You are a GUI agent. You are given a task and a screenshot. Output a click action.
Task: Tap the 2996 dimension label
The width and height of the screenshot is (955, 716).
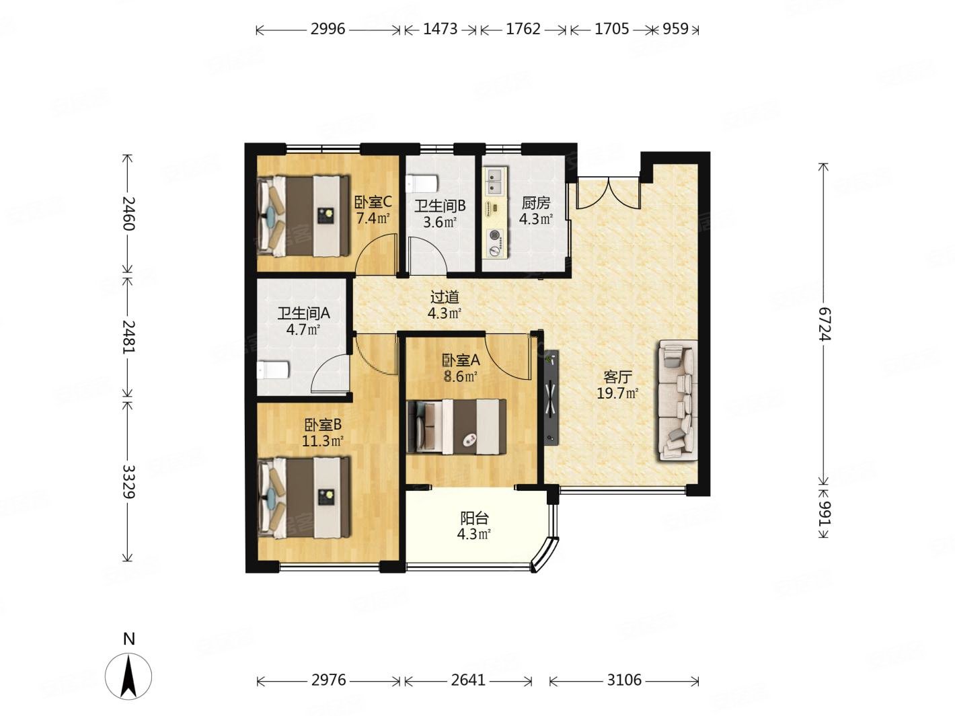click(x=327, y=29)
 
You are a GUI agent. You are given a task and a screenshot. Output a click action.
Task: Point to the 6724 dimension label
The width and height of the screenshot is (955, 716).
click(x=823, y=324)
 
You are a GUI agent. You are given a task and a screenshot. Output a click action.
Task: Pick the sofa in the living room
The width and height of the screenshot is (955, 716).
click(x=678, y=400)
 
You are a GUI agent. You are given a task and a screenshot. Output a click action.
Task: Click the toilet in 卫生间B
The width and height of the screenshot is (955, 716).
click(x=421, y=184)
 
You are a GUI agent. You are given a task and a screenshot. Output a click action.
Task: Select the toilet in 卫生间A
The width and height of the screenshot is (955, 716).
click(x=273, y=370)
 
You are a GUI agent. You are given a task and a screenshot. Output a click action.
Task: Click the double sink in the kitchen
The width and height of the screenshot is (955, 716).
click(x=495, y=182)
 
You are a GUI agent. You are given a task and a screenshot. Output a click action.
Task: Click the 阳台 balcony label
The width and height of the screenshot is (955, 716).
click(x=474, y=518)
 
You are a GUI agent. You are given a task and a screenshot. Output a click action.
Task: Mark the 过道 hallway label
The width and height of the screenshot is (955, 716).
click(x=445, y=297)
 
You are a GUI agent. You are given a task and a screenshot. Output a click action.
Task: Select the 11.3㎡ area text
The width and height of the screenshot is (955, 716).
click(x=323, y=441)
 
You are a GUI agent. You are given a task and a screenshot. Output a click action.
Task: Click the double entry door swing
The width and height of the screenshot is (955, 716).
click(x=608, y=193)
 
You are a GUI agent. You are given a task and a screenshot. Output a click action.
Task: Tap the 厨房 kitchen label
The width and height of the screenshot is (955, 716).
click(x=535, y=202)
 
